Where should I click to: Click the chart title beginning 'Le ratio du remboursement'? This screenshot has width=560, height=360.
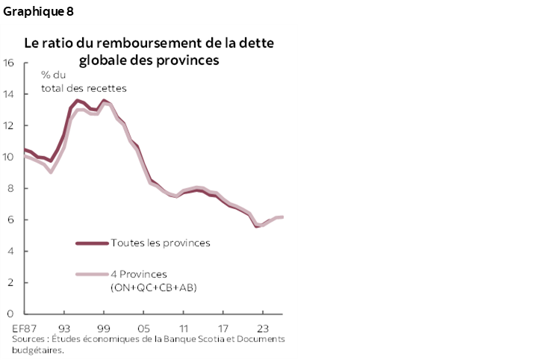point(149,52)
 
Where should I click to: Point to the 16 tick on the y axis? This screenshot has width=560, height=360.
point(9,63)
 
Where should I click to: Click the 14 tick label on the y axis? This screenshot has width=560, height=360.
point(9,94)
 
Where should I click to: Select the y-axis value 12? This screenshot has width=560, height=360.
point(9,125)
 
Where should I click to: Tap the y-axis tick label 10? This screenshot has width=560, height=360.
point(9,157)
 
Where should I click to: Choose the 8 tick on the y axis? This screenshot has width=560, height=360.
point(10,188)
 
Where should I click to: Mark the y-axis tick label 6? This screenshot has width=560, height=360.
point(10,220)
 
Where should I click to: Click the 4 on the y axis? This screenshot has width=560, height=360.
point(10,251)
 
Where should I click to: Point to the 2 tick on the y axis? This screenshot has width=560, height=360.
point(10,282)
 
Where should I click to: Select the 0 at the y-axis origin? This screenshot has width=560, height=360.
point(10,314)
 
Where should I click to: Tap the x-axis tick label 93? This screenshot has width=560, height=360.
point(64,328)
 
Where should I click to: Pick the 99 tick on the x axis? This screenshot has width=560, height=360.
point(104,328)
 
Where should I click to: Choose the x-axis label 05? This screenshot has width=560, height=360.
point(143,328)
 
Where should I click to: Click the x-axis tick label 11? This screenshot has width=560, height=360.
point(183,328)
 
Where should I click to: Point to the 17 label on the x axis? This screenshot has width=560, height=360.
point(223,328)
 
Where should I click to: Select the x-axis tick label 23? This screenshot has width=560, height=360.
point(263,328)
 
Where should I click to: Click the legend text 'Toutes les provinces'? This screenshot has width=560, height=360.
point(160,243)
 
